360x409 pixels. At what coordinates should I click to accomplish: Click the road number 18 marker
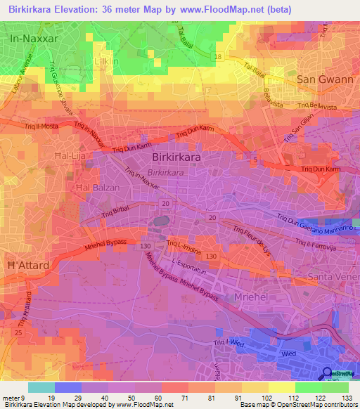pyautogui.click(x=219, y=56)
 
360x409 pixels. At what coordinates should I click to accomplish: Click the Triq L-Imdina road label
pyautogui.click(x=184, y=243)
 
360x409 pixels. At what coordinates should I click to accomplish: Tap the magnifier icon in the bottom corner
pyautogui.click(x=328, y=374)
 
